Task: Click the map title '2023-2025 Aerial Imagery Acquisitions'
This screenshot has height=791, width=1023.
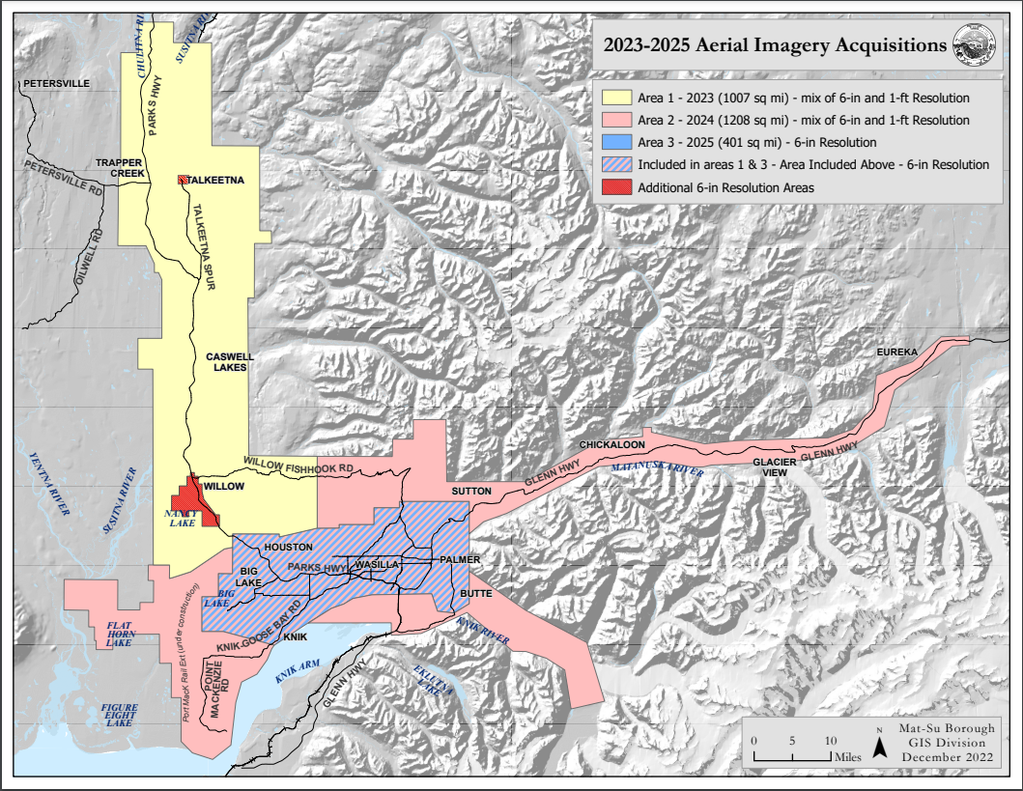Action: tap(774, 45)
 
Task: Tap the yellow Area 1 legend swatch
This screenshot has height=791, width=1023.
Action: tap(615, 99)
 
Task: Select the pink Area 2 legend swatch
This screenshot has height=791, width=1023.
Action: tap(615, 121)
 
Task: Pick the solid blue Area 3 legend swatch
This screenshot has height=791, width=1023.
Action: tap(615, 143)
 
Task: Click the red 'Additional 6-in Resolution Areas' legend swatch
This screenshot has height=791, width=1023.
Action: tap(615, 187)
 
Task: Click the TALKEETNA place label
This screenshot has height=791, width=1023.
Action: tap(217, 180)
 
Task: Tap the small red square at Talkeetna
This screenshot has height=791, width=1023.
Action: tap(182, 180)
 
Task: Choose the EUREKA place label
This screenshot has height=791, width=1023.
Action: tap(896, 352)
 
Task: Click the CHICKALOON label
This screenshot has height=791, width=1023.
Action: tap(612, 444)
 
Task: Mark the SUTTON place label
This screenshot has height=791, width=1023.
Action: tap(472, 492)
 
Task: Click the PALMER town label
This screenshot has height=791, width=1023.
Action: tap(460, 559)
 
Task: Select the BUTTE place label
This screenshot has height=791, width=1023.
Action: tap(476, 593)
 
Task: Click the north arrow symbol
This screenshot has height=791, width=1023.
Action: tap(880, 746)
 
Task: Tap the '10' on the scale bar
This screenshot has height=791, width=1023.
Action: tap(829, 740)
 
